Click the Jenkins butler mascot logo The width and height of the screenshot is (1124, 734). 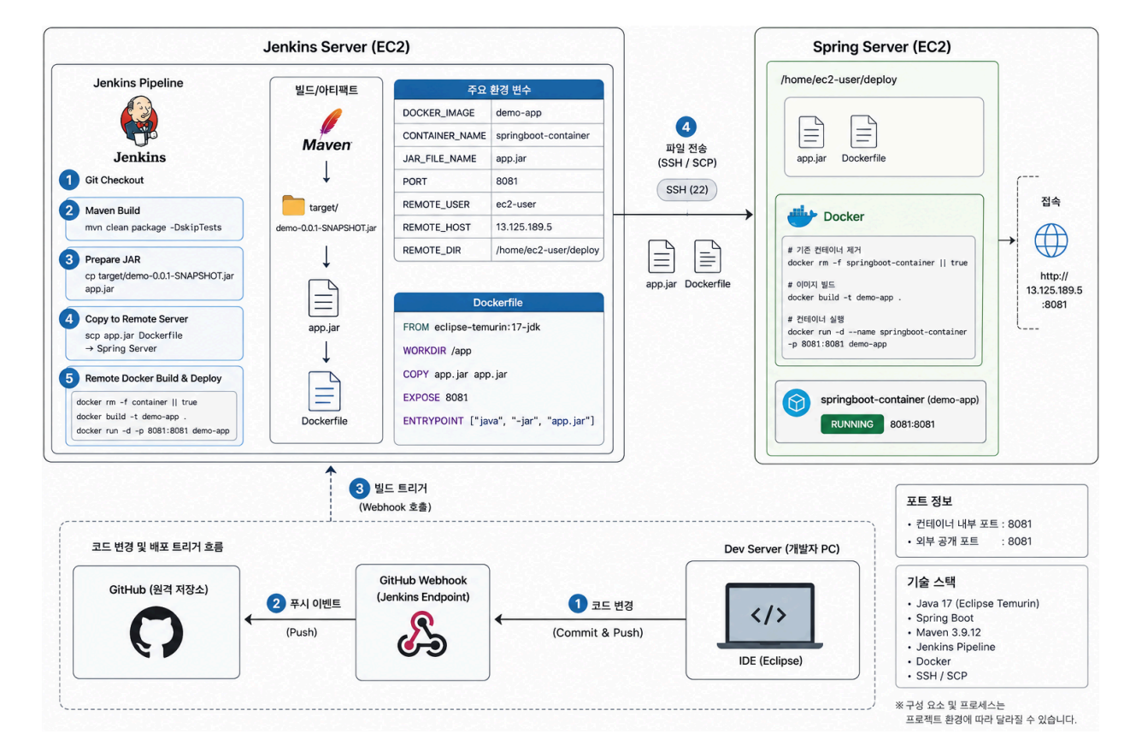[139, 121]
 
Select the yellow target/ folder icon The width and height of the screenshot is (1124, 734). [293, 206]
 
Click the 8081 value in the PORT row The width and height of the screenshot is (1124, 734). [506, 181]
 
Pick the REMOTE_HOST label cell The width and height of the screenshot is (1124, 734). [436, 228]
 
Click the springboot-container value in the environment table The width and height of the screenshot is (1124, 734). [543, 135]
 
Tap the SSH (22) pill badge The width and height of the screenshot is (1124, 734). [686, 190]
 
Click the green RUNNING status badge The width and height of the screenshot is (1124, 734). [851, 424]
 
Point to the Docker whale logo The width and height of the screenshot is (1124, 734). [802, 216]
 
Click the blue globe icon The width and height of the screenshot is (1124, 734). [1050, 240]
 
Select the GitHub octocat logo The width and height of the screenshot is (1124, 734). [156, 631]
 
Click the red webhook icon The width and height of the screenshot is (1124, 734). [422, 634]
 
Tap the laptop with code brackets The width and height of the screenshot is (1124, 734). [770, 616]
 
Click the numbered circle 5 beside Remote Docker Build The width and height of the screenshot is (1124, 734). [69, 378]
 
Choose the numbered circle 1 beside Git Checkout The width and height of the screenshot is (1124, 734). [69, 180]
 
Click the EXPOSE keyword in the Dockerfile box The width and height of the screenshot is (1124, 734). [421, 398]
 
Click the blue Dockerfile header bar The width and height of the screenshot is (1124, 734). [498, 302]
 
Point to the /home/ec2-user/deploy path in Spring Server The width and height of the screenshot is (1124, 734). [839, 80]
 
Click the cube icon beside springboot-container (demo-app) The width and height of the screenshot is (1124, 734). [797, 403]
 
